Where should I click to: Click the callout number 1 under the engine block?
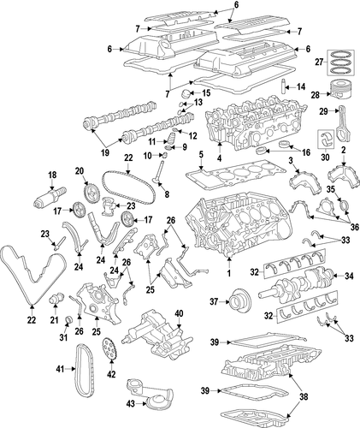228,273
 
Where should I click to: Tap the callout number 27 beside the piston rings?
319,62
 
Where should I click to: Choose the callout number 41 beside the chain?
60,369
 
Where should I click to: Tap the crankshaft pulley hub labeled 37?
240,301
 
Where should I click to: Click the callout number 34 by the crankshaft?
349,276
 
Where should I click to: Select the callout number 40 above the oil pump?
179,313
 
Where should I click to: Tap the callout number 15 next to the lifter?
206,92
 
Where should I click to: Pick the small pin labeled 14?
284,86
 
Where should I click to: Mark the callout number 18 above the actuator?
52,175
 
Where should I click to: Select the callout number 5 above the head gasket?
201,155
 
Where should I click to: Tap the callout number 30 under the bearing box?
325,157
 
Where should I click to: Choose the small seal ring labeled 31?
68,319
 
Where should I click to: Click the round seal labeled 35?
345,206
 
